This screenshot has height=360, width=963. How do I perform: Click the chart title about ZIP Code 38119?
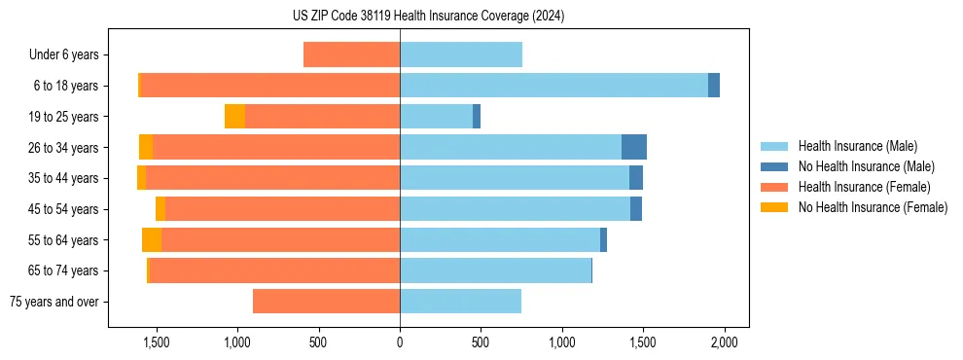428,16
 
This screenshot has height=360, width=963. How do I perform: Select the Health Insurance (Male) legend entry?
857,146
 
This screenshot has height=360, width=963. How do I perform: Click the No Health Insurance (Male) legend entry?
866,166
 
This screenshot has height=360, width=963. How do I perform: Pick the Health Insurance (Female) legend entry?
865,187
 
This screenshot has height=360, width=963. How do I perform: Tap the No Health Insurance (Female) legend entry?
873,207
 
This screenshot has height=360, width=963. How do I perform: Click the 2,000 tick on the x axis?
723,342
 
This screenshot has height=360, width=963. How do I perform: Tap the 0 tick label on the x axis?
400,342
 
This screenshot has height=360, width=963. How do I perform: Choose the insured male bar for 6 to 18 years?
553,86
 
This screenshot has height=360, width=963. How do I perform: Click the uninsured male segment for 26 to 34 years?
634,147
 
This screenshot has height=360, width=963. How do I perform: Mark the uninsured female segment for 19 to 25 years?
234,117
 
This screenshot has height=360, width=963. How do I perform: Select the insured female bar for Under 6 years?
351,54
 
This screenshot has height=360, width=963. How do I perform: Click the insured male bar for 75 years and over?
460,302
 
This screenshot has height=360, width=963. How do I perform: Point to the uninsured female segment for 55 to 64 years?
152,239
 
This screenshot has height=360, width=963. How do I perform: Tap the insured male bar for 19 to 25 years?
436,117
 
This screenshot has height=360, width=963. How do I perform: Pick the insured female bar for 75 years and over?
326,302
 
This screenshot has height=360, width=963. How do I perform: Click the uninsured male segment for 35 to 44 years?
636,178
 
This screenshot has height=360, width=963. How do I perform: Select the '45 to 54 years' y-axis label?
63,209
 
